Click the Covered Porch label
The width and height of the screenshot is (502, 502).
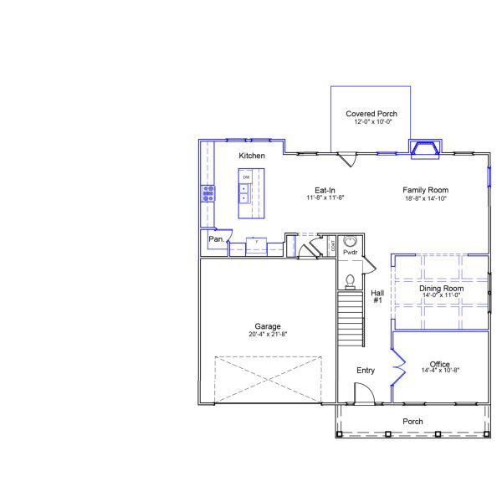pos(371,114)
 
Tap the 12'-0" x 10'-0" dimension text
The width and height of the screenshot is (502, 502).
pos(371,122)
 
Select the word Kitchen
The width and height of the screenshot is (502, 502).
pos(252,156)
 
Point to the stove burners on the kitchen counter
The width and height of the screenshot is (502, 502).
pos(207,194)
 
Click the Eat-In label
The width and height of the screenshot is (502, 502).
pos(325,190)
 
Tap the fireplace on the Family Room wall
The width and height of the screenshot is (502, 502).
pos(425,150)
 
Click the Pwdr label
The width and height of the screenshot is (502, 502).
pos(351,252)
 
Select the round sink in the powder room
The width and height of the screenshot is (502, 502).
pos(351,241)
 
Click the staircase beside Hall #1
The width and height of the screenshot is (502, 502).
pos(350,318)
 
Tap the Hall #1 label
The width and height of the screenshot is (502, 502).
pos(377,296)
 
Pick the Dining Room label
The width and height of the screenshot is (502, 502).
pos(441,289)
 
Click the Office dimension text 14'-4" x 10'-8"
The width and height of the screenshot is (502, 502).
pos(441,371)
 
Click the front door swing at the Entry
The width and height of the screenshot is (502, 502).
pos(364,393)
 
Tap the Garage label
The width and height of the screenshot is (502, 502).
pos(268,326)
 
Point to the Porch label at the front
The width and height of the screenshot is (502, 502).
pos(412,421)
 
